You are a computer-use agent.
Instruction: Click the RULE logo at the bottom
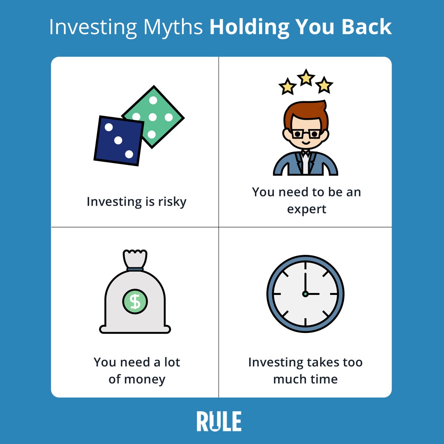coord(219,421)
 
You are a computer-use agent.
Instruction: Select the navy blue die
coord(118,141)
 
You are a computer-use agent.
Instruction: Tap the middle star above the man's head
coord(306,78)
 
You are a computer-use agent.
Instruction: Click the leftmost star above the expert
coord(287,87)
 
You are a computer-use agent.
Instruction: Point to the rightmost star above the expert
coord(324,85)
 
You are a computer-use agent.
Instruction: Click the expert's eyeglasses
coord(306,134)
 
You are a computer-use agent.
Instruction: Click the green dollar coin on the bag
coord(135,302)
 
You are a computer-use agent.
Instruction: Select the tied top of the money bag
coord(135,259)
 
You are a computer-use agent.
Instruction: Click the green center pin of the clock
coord(305,294)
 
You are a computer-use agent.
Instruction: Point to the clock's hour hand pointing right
coord(313,294)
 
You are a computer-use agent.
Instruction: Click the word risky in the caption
coord(172,202)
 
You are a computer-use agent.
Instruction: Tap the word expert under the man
coord(306,209)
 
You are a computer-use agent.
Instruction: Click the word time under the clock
coord(323,379)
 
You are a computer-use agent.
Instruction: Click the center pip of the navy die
coord(118,141)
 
